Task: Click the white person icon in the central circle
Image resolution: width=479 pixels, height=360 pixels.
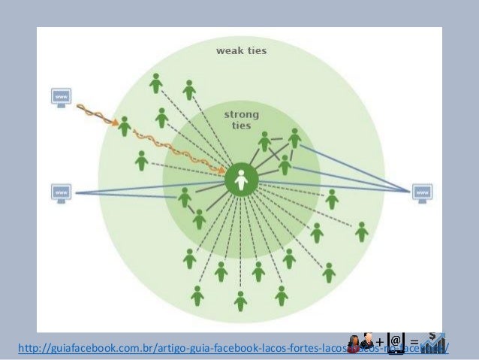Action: click(241, 180)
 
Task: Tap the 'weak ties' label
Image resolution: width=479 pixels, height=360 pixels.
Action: click(241, 51)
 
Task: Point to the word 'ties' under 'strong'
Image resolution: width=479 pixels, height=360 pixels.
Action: click(242, 126)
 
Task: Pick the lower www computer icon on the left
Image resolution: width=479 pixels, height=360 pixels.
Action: click(62, 192)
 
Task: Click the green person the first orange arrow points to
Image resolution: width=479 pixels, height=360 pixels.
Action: click(125, 126)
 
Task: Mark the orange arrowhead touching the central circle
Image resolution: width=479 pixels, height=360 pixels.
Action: click(222, 171)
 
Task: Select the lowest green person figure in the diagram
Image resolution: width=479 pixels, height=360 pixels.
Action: click(240, 301)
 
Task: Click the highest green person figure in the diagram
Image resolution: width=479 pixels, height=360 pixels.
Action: click(155, 83)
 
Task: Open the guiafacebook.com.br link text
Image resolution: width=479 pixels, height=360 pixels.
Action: click(188, 348)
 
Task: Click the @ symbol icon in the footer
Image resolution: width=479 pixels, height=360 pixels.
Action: click(396, 340)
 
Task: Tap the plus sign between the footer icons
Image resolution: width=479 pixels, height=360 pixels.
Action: click(380, 342)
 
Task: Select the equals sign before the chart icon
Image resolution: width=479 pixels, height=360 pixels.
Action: click(414, 343)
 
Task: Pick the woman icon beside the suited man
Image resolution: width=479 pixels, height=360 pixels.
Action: click(356, 341)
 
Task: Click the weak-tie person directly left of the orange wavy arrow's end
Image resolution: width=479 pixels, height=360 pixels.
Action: click(142, 160)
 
